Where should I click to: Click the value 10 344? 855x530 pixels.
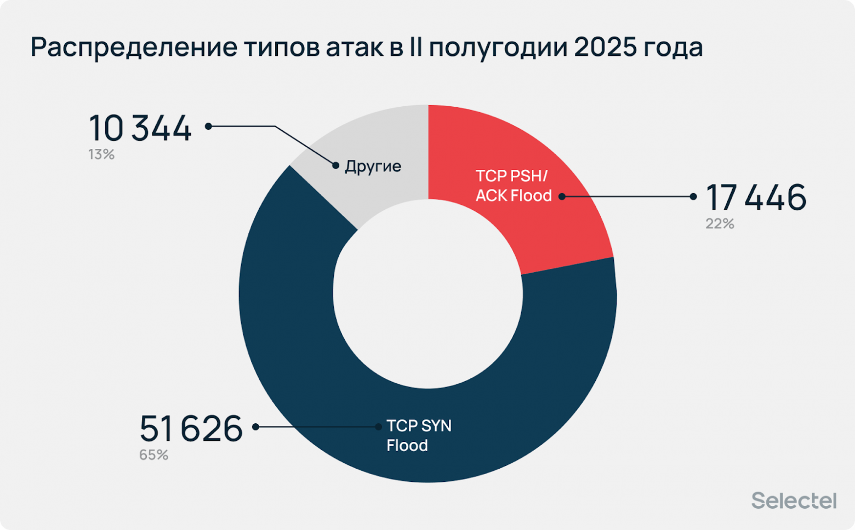(x=140, y=129)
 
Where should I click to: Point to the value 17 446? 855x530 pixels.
(x=756, y=198)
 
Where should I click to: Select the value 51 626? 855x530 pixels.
(x=191, y=428)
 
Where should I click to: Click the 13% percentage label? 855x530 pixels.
(x=101, y=155)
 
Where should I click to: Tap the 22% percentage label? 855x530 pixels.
(x=720, y=224)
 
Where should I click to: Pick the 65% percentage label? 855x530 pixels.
(x=153, y=455)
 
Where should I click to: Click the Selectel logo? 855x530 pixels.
(x=794, y=500)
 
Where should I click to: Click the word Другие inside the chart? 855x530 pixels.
(x=373, y=166)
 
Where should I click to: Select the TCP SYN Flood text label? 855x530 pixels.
(x=419, y=436)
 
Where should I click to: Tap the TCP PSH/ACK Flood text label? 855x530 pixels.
(x=513, y=186)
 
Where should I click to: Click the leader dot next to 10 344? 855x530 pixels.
(x=208, y=126)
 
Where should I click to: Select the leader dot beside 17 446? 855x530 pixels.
(x=693, y=197)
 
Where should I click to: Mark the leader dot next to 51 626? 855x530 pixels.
(x=255, y=427)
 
